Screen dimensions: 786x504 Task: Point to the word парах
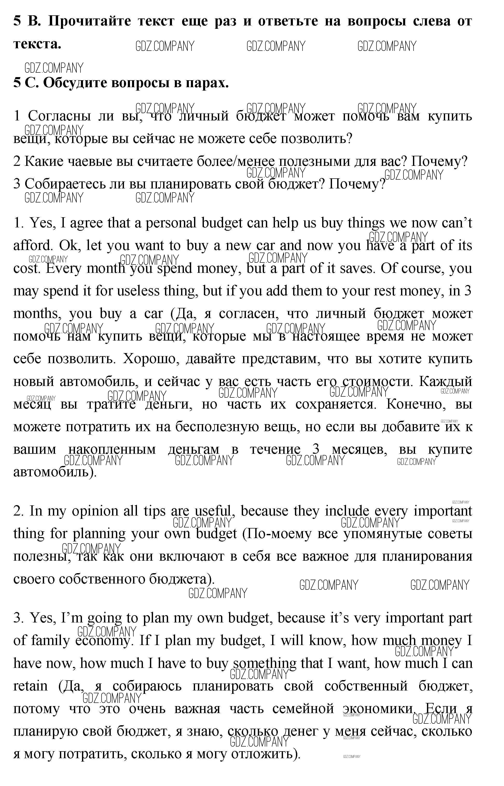coord(207,83)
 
